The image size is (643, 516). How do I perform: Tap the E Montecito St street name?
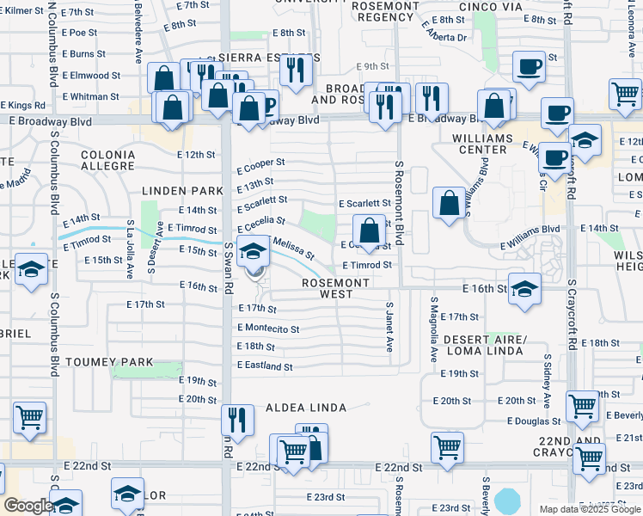point(268,329)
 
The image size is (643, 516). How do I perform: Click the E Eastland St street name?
point(265,366)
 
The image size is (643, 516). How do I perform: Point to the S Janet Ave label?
point(389,327)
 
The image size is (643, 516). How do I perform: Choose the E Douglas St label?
point(534,421)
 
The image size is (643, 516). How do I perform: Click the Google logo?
point(28,506)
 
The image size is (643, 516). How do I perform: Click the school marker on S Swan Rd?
point(253,251)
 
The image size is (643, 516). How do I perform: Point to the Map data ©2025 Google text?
point(590,509)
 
